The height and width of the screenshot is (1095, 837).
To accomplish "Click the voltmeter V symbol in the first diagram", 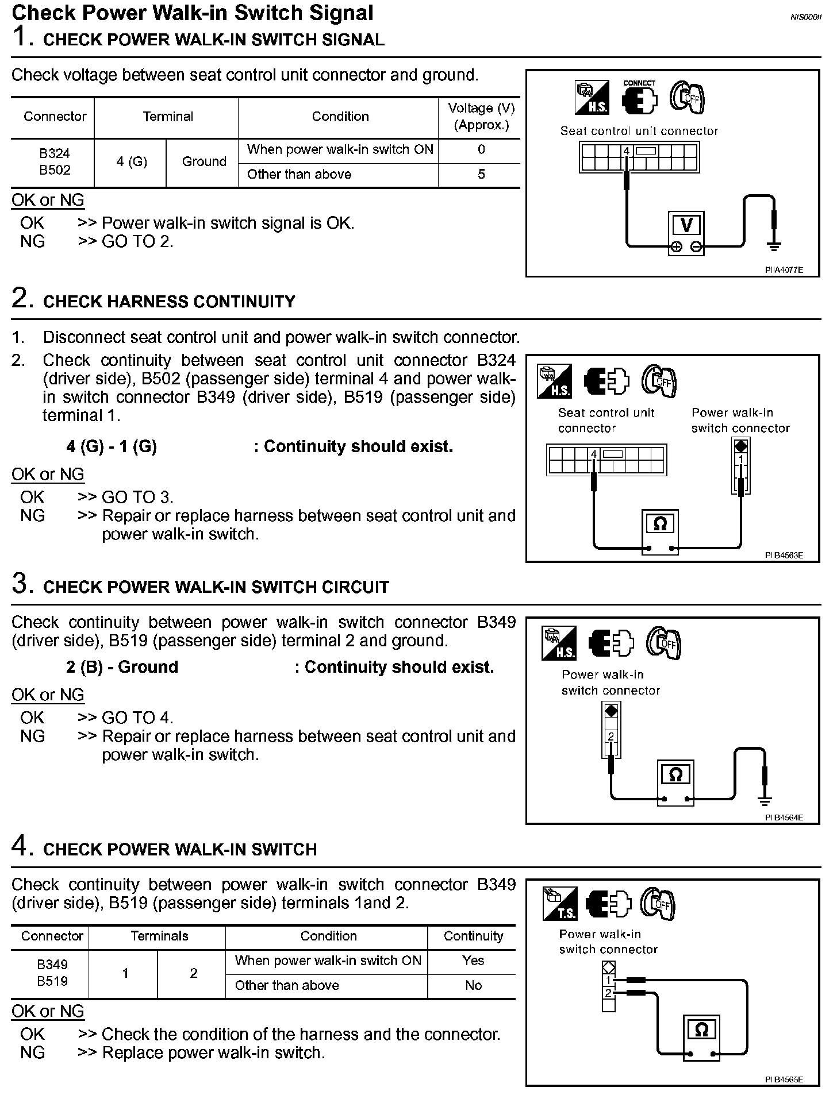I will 686,225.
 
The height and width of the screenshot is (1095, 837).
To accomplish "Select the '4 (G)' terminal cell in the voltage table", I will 132,162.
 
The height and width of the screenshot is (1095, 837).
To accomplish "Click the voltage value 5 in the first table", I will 481,174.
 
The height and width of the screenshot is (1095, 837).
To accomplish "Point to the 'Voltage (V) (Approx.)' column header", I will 481,117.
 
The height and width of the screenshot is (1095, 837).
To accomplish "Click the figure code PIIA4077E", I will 784,269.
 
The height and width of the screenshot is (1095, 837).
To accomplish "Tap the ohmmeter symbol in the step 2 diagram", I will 659,523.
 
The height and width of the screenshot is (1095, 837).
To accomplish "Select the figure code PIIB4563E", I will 784,555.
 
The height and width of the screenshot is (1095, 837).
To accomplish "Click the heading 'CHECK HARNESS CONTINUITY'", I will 169,302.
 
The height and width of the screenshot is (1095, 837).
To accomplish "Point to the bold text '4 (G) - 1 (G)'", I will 112,446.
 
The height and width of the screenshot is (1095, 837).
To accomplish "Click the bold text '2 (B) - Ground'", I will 122,667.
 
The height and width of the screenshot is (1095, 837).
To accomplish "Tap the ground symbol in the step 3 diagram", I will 765,800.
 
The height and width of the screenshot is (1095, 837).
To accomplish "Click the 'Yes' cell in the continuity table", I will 473,961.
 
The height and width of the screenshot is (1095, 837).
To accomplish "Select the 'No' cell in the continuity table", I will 473,985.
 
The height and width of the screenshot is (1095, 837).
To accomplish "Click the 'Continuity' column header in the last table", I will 473,936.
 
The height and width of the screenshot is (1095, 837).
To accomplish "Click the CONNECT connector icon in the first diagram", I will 639,98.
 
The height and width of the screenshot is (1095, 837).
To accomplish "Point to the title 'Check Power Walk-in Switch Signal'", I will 193,13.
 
